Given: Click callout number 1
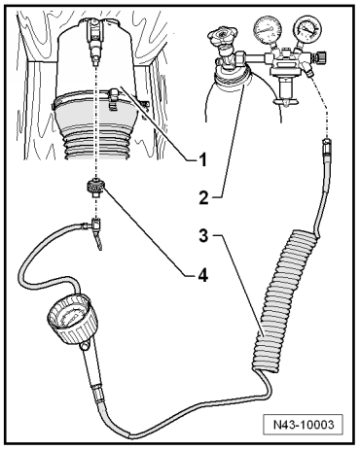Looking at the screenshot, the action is (202, 159).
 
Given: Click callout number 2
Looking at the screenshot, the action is (203, 197).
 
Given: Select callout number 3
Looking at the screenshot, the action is (203, 236).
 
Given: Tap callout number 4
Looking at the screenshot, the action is (202, 276).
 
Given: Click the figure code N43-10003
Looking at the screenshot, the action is (303, 425).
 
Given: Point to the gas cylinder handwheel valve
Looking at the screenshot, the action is (223, 35).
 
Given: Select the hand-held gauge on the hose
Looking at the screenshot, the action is (73, 319).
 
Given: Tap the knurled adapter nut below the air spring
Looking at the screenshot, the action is (95, 187).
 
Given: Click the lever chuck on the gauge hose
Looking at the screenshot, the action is (96, 232).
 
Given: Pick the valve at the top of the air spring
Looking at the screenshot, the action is (94, 42).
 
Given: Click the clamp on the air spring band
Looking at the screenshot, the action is (115, 98).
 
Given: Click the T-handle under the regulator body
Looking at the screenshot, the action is (285, 97).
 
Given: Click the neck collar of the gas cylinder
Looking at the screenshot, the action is (231, 77).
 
